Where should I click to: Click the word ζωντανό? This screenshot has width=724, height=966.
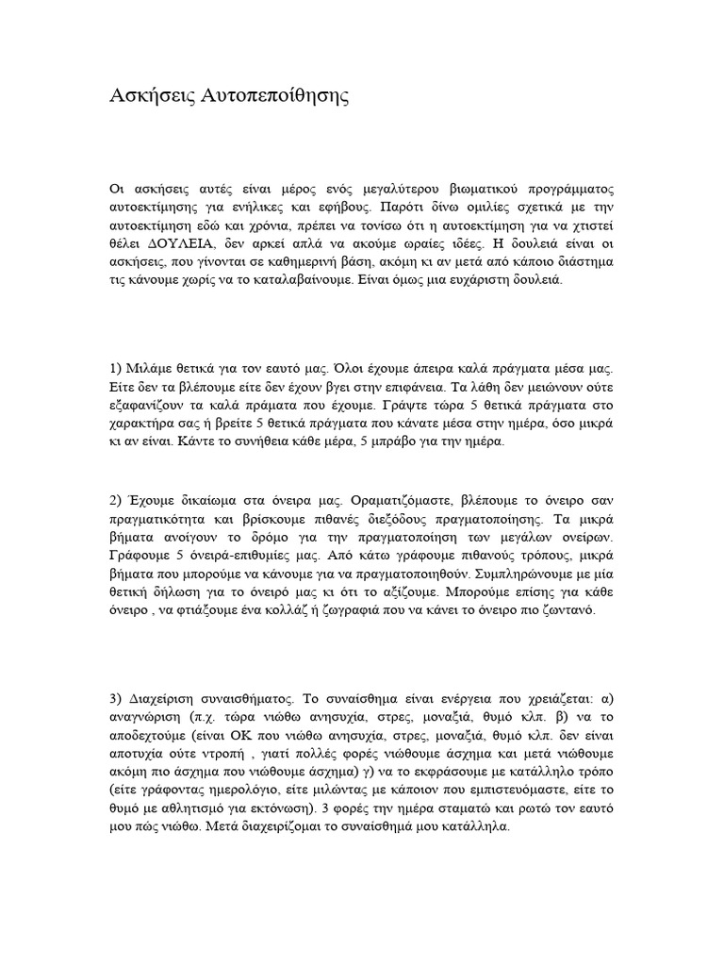[586, 610]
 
